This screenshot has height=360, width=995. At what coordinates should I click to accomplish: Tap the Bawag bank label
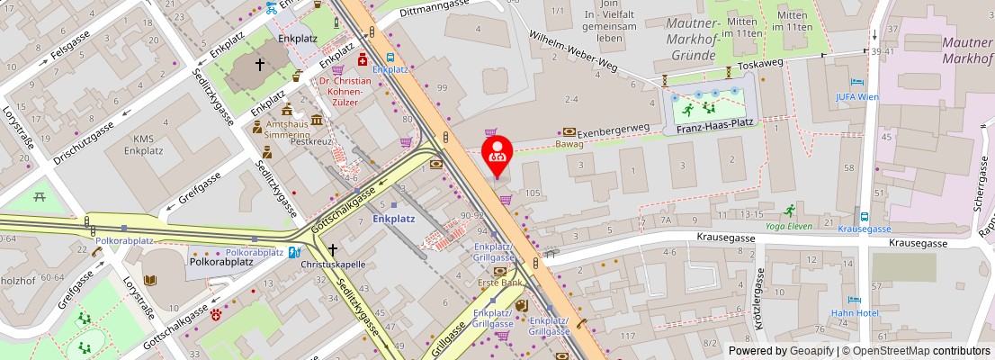[x=569, y=144]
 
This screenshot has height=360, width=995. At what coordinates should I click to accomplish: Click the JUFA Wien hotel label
[x=856, y=96]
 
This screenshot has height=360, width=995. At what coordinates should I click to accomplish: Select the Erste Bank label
[x=499, y=283]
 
